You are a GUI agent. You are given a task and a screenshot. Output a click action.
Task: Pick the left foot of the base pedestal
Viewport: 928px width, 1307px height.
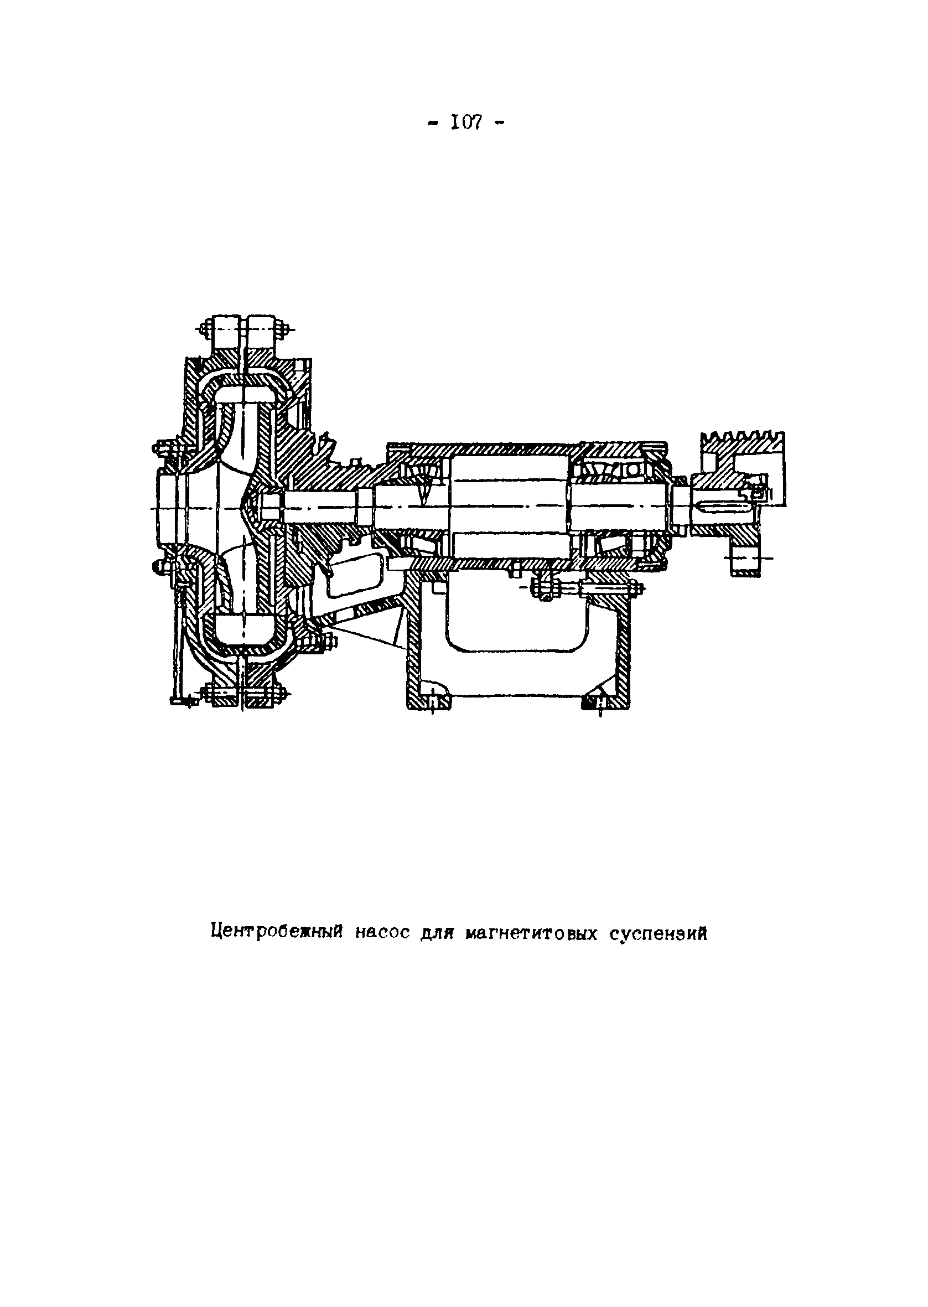pos(428,700)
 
